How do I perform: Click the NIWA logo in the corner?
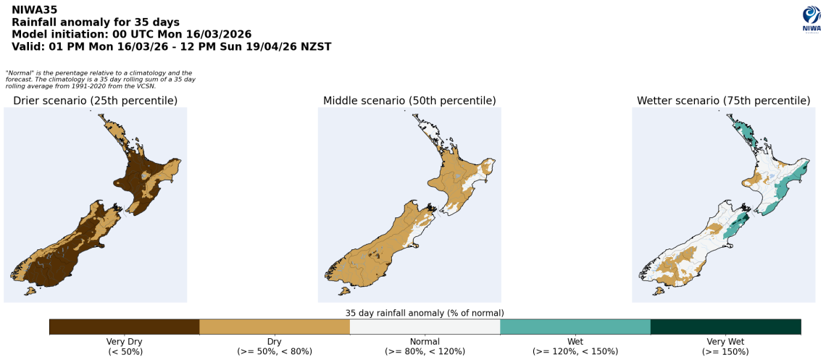pos(811,20)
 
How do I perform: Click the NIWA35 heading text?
pos(34,10)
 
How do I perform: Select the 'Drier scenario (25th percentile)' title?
pos(95,101)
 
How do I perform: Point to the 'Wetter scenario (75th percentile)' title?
pos(723,101)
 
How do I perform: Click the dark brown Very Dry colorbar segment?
pos(124,327)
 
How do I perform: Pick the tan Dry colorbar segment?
pos(275,327)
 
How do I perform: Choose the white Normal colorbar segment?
pos(425,327)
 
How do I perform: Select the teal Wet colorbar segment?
pos(575,327)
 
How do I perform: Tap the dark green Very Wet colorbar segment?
pos(725,327)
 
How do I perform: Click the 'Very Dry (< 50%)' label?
pos(125,346)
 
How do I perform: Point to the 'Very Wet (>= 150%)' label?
pos(725,346)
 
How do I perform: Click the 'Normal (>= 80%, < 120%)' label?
pos(425,346)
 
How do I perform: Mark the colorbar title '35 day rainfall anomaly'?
pos(425,313)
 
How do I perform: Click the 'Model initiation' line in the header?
pos(131,34)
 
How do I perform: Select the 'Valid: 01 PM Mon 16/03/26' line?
pos(171,46)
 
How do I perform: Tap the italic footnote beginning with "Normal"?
pos(100,79)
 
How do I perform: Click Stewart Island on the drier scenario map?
pos(30,291)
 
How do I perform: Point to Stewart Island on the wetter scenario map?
pos(659,291)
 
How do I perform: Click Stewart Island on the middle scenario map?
pos(345,291)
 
